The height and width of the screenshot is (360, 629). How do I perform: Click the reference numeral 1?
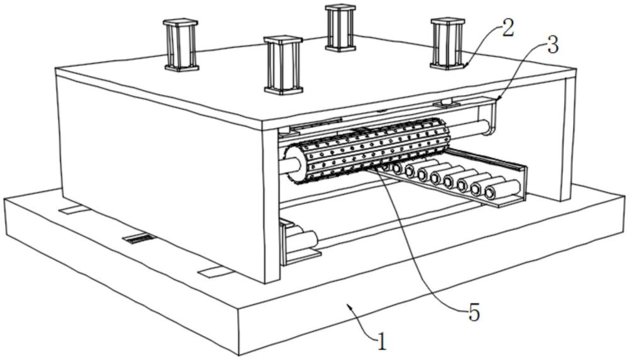click(x=381, y=341)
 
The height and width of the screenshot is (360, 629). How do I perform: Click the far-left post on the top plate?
click(x=181, y=44)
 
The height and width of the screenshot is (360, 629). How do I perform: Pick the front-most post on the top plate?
click(x=283, y=65)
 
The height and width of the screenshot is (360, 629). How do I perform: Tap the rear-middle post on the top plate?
click(x=340, y=27)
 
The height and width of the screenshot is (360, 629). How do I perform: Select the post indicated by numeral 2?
click(x=447, y=42)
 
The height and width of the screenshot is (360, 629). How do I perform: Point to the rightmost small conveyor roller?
click(x=508, y=187)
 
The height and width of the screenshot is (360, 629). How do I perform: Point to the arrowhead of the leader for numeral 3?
click(x=496, y=98)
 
